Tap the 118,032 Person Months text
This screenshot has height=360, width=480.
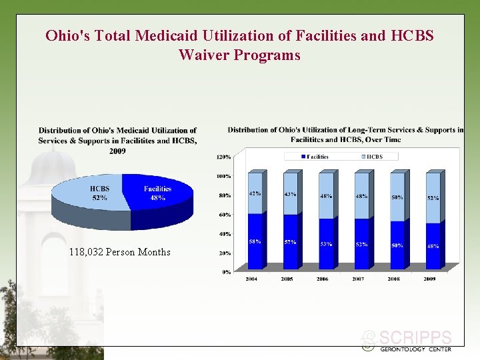tap(119, 252)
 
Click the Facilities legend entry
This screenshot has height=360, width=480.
tap(315, 157)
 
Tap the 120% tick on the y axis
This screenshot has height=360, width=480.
tap(223, 157)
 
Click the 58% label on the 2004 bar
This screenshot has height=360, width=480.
tap(255, 241)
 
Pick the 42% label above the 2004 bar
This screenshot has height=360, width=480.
tap(255, 193)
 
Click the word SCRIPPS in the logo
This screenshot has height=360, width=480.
tap(415, 338)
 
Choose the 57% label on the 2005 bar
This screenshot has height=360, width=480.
tap(291, 242)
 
